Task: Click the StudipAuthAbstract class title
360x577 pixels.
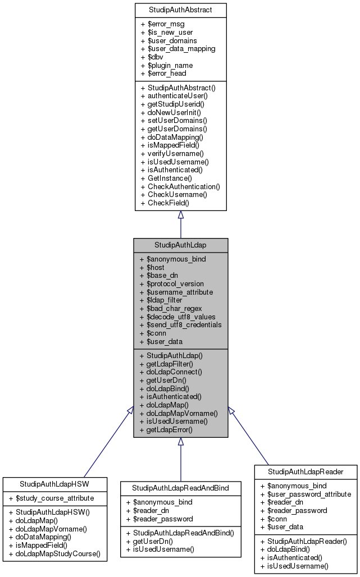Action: tap(180, 10)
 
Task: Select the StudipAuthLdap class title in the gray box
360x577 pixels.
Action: tap(180, 245)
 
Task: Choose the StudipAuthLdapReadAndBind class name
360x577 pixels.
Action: tap(180, 488)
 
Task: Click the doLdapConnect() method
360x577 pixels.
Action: tap(170, 372)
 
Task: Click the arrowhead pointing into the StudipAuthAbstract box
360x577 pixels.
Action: tap(180, 215)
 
